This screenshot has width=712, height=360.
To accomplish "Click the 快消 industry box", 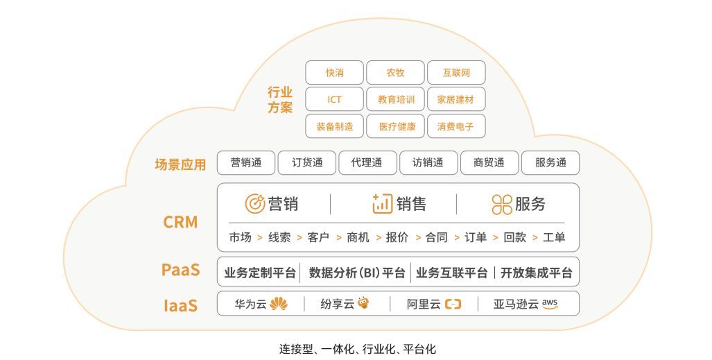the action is (334, 73).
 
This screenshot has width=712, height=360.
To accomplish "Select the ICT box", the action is (334, 100).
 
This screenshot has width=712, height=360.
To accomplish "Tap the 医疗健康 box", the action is (395, 126).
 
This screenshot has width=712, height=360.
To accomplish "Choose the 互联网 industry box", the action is (456, 73).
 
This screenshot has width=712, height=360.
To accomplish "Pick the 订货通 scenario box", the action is (307, 163).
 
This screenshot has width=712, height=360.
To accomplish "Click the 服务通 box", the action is (550, 163).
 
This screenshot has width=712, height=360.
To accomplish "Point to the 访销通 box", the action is (428, 163).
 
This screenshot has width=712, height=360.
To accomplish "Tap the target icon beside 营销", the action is (254, 204).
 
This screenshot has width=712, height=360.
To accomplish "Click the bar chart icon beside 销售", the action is (382, 204).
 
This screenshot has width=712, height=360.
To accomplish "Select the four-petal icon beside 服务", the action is (502, 204).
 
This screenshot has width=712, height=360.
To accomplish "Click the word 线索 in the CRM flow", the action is (279, 237).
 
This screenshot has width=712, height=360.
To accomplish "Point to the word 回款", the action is (515, 237).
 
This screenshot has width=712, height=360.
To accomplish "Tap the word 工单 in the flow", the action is (554, 237).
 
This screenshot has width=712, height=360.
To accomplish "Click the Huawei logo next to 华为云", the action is (278, 304).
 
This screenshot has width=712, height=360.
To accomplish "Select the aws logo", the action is (550, 304).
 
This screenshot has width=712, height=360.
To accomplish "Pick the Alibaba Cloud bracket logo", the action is (453, 304).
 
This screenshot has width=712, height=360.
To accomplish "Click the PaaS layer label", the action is (180, 270).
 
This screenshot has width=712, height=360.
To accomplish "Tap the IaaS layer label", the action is (180, 305).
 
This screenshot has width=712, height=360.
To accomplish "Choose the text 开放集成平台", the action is (537, 273).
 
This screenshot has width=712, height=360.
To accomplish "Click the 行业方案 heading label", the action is (280, 100).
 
